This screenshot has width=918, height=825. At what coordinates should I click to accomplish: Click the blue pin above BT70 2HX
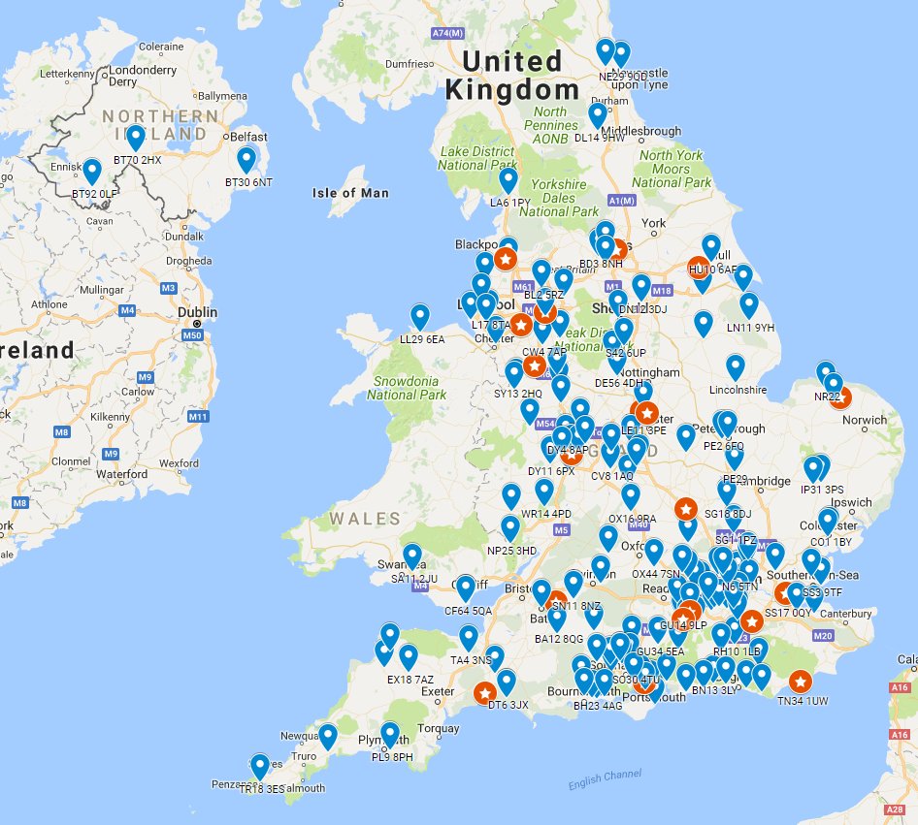point(136,137)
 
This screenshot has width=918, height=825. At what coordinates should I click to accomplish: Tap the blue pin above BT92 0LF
point(92,171)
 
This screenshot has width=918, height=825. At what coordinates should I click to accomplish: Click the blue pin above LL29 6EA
point(420,316)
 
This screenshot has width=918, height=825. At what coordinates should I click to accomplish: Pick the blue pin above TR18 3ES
point(260,766)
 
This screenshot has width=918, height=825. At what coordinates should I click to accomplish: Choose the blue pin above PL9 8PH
point(390,734)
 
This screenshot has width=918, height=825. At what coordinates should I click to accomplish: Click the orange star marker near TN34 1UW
point(800,682)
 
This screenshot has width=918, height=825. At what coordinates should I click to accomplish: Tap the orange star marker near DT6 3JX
point(484,693)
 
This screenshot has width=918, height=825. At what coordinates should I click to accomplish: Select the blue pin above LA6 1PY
point(508,179)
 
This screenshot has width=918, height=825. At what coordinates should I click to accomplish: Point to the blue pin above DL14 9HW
point(598,114)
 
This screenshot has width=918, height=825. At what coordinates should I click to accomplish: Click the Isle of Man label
point(350,193)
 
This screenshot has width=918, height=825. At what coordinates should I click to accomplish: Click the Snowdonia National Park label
point(407,388)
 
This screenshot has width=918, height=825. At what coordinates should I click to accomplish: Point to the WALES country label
point(364,519)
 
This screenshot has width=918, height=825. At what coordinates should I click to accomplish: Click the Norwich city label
point(865,420)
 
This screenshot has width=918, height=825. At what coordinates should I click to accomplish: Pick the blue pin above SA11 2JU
point(412,555)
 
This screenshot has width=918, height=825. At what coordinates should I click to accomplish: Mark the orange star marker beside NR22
point(840,396)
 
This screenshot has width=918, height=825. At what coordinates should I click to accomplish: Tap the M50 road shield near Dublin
point(192,335)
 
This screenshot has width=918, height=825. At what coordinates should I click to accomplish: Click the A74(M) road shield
point(447,32)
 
